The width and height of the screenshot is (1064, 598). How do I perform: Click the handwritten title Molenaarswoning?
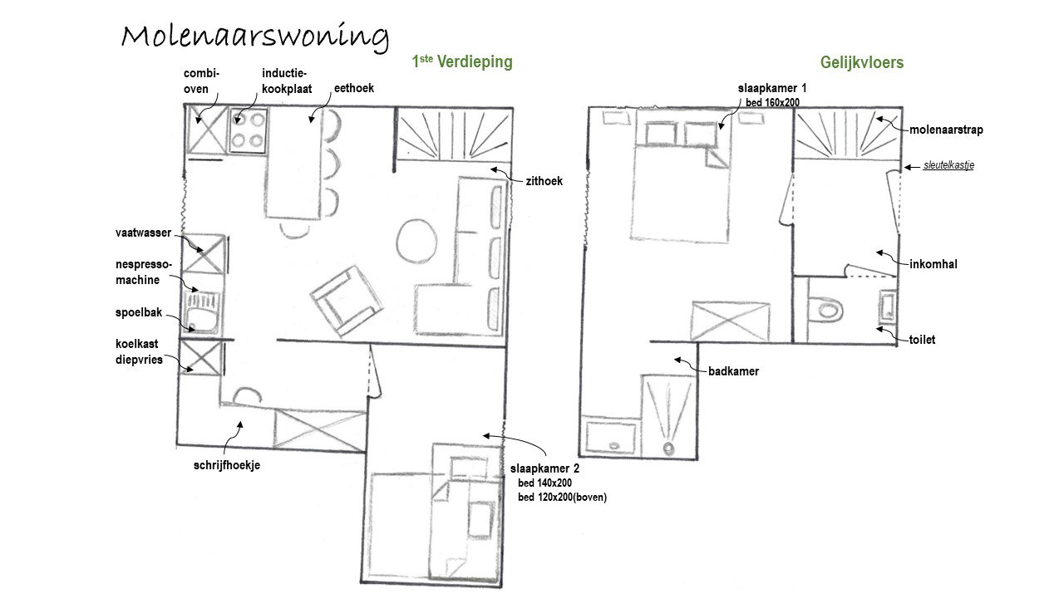(255, 38)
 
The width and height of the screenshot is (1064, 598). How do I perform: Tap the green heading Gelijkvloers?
(862, 62)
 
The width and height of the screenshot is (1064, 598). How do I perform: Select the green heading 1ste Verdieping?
(462, 61)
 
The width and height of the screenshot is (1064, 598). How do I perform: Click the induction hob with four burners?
(248, 130)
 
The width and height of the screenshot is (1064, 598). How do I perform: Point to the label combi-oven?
(201, 81)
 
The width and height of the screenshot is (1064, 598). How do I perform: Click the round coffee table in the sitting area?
(416, 241)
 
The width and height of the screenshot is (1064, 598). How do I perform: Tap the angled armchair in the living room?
(347, 301)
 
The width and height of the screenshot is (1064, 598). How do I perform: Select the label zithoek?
(544, 181)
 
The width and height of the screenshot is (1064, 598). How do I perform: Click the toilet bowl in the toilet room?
(825, 310)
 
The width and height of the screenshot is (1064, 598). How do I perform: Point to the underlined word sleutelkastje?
(948, 165)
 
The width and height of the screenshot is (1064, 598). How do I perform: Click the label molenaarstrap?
(946, 130)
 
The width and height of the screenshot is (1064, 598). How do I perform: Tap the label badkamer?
(733, 371)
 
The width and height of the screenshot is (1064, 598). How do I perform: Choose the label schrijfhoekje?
(227, 465)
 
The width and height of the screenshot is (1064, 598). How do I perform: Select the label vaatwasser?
(143, 233)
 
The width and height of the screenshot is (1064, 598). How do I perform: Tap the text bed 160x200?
(772, 102)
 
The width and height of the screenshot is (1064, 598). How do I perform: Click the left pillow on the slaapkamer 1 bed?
(661, 134)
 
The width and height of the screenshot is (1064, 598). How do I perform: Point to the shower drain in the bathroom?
(668, 448)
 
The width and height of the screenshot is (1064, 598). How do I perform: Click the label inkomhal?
(933, 264)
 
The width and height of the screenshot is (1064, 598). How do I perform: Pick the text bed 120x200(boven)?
(563, 498)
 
